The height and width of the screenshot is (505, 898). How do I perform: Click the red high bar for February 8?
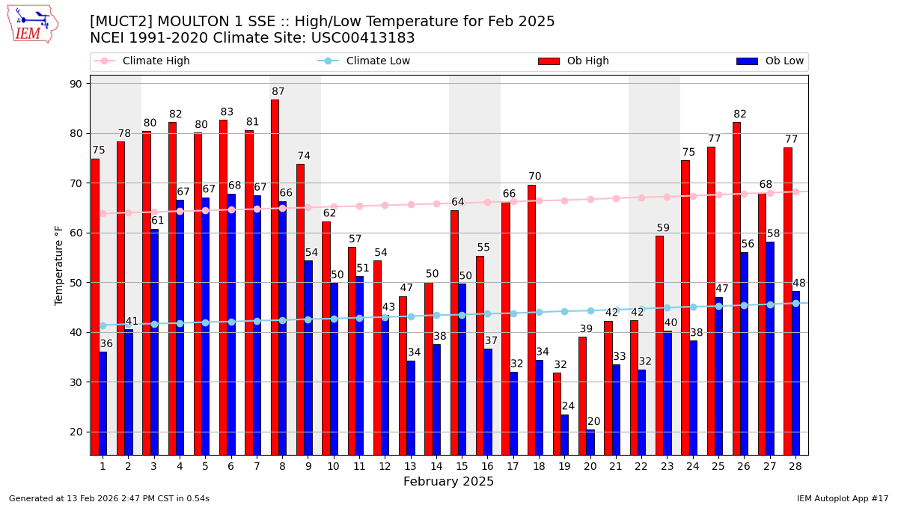tap(275, 277)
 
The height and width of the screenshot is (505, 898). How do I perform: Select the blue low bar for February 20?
tap(590, 442)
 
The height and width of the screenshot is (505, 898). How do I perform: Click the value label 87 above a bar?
tap(278, 92)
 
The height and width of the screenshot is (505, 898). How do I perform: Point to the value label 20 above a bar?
tap(594, 422)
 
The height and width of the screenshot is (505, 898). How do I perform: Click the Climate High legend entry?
tap(156, 61)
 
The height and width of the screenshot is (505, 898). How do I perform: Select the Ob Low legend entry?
tap(784, 61)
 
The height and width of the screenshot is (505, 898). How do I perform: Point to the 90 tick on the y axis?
tap(76, 84)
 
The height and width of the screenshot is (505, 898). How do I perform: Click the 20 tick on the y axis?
tap(76, 432)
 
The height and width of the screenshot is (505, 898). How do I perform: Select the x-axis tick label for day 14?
tap(436, 466)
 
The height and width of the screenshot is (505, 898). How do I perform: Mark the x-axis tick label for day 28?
tap(795, 466)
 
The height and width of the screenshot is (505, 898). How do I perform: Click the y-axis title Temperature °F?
tap(59, 265)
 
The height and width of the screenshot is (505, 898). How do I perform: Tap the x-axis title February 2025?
tap(448, 482)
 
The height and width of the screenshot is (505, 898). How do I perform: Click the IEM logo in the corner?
tap(32, 24)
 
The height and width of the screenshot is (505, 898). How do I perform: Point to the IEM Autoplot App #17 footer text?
tap(842, 498)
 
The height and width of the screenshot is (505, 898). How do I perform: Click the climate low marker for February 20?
tap(590, 310)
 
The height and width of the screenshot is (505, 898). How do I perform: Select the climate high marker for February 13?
tap(411, 204)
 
